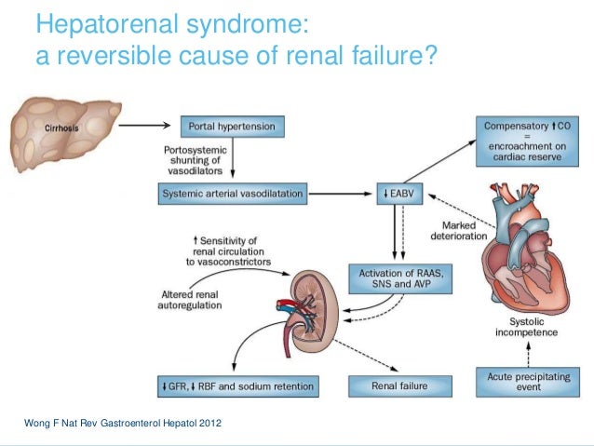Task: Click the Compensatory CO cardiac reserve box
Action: pyautogui.click(x=522, y=141)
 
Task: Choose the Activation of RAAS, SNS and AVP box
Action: pyautogui.click(x=399, y=277)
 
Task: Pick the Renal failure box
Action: pyautogui.click(x=399, y=385)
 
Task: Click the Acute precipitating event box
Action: pyautogui.click(x=523, y=381)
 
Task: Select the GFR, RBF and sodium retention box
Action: pyautogui.click(x=236, y=385)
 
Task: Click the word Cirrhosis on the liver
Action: pyautogui.click(x=64, y=124)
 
